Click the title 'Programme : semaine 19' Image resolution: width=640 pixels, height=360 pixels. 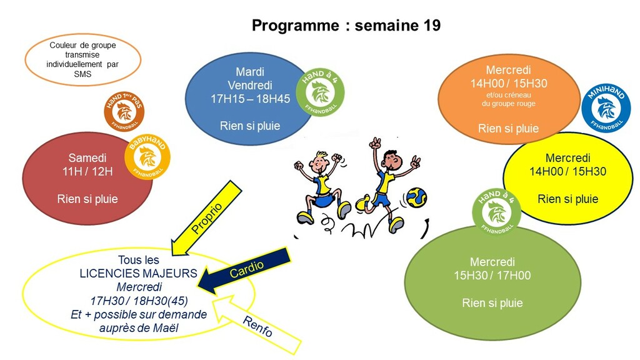click(346, 26)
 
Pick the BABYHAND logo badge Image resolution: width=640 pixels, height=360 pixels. click(147, 156)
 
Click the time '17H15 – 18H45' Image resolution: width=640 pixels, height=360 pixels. click(250, 99)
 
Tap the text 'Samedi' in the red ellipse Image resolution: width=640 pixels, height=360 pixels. click(87, 158)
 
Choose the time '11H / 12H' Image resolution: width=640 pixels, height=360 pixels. click(87, 172)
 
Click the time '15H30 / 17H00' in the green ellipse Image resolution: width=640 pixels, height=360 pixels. click(492, 276)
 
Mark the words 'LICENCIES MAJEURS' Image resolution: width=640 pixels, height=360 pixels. click(139, 273)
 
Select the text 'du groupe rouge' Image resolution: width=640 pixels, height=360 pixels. click(509, 104)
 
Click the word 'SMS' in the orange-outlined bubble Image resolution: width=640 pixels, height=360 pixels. click(82, 74)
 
